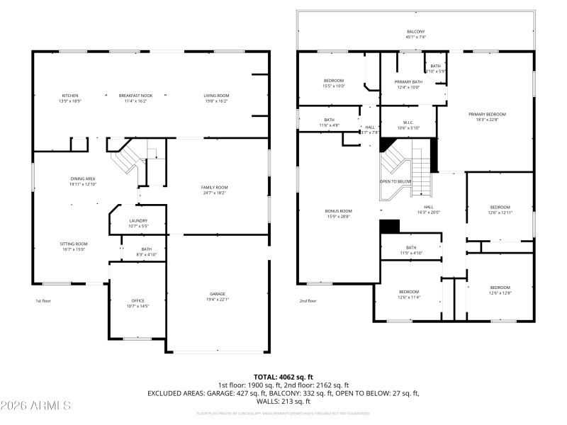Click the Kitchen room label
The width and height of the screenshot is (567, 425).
tap(70, 96)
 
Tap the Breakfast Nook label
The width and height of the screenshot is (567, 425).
tap(132, 96)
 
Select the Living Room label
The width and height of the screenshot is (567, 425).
tap(216, 96)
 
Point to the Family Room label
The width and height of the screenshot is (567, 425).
tap(214, 187)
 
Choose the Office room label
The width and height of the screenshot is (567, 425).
tap(137, 300)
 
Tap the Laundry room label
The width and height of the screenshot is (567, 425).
tap(138, 220)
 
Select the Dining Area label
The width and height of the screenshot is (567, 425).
tap(83, 178)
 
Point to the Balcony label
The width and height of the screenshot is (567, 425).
tap(416, 32)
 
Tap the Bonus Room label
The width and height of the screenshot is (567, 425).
tap(337, 210)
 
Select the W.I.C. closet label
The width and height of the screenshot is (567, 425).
tap(408, 123)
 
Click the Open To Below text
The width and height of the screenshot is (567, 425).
tap(395, 181)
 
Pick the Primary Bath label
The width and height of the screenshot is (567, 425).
tap(408, 81)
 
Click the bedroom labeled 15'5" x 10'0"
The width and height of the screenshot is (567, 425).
tap(334, 81)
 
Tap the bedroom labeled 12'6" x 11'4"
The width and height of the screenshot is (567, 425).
tap(408, 292)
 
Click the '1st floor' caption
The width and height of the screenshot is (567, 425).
tap(44, 300)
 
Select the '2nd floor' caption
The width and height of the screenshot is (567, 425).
tap(307, 300)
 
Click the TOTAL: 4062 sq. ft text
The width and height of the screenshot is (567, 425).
tap(283, 376)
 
